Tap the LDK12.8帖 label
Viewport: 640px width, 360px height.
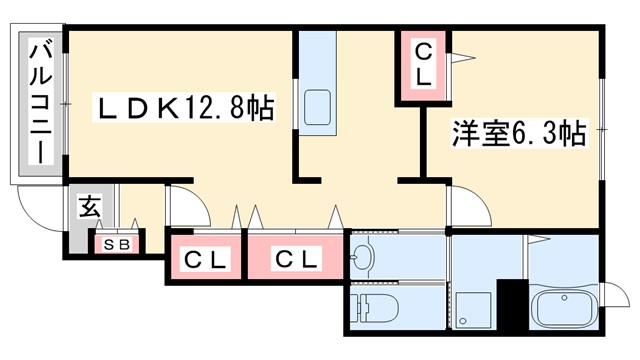(185, 106)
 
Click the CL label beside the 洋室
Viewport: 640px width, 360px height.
(424, 63)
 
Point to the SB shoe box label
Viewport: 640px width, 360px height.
(118, 243)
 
